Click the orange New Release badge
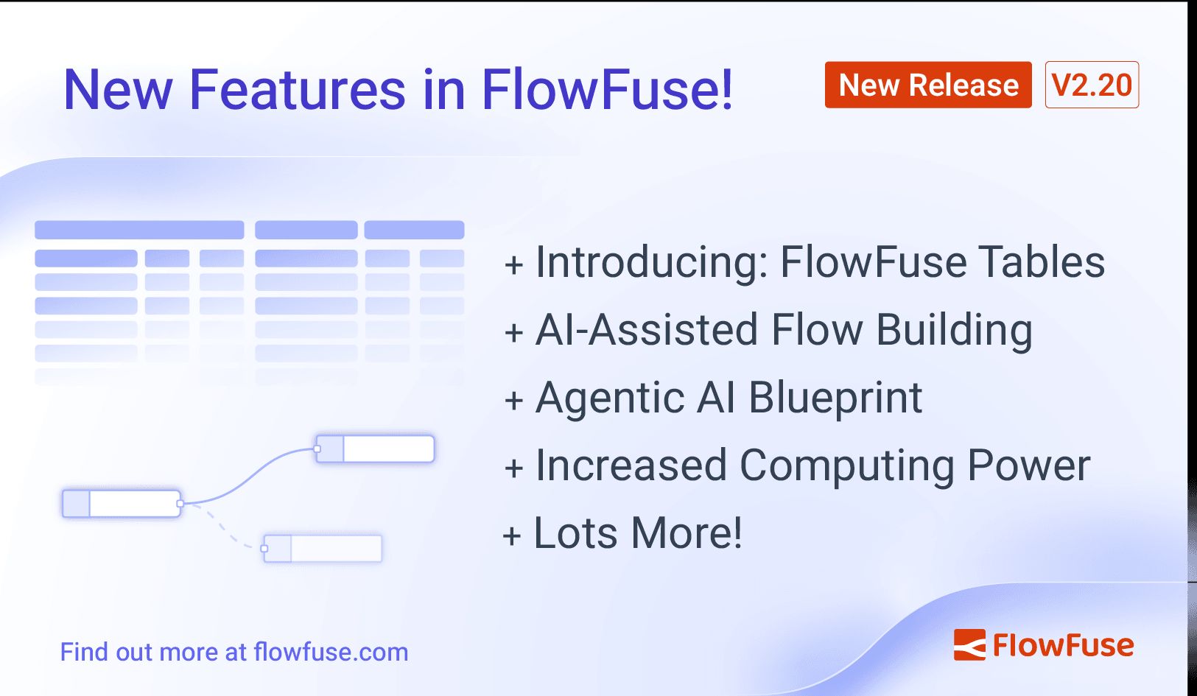point(927,85)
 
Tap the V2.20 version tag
point(1092,85)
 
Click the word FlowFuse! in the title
point(607,90)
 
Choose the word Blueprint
point(835,398)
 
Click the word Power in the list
point(1028,466)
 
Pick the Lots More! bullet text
point(638,532)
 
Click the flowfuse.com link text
point(331,652)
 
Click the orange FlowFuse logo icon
point(969,644)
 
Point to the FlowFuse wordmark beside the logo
point(1063,645)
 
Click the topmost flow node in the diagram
point(375,449)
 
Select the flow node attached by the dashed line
point(323,549)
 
